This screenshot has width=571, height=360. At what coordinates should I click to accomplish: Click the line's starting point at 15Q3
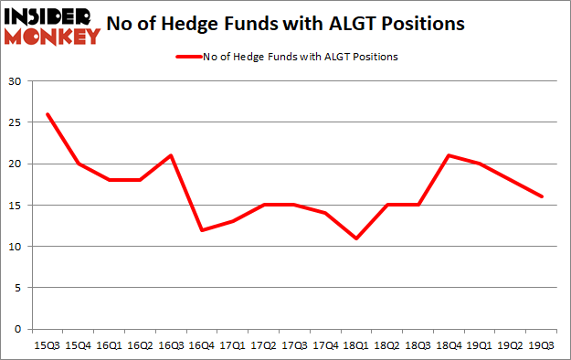click(x=47, y=114)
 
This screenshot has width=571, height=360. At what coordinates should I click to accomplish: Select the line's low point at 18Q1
click(x=356, y=238)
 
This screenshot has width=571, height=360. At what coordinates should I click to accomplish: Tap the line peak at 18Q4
click(x=449, y=155)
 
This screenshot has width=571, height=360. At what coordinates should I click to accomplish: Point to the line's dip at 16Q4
click(x=202, y=230)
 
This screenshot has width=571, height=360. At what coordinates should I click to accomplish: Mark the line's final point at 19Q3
click(x=542, y=196)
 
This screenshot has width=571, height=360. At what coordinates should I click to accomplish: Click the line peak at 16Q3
click(x=171, y=155)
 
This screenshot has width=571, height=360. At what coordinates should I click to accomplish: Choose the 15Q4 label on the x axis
click(x=78, y=344)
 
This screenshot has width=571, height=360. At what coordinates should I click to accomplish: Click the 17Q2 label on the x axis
click(x=263, y=344)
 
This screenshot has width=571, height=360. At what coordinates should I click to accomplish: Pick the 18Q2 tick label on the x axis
click(x=387, y=344)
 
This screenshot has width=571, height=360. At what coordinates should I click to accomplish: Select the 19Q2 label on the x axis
click(x=511, y=344)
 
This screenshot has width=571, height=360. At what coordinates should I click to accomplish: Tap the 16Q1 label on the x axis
click(x=109, y=344)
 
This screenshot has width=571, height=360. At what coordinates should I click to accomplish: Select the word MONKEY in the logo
click(x=52, y=37)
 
